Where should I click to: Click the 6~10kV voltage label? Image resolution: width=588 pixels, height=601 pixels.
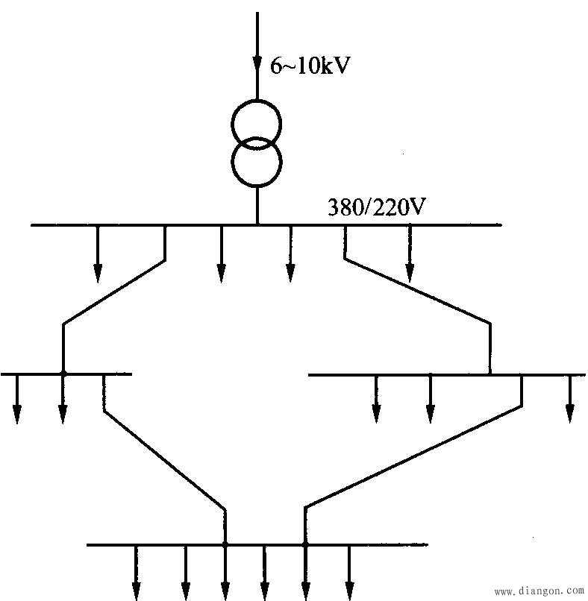(x=310, y=66)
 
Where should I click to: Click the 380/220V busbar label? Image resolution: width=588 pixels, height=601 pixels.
(x=376, y=207)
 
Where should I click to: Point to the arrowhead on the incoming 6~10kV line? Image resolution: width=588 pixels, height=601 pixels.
(x=257, y=64)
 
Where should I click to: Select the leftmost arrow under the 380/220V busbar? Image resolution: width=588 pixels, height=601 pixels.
(x=98, y=254)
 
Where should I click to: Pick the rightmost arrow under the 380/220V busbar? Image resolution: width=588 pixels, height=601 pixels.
(x=410, y=254)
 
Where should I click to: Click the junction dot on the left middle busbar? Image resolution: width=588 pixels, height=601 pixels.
(x=63, y=373)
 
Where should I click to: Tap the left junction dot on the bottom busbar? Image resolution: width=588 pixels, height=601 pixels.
(x=225, y=544)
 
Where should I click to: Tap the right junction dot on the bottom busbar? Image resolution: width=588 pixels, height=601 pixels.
(x=305, y=544)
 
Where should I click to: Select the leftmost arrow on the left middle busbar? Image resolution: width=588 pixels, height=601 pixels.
(x=17, y=399)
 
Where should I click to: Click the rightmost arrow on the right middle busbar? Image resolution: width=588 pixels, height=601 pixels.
(x=570, y=399)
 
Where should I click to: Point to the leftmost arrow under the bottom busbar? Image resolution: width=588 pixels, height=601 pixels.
(x=136, y=573)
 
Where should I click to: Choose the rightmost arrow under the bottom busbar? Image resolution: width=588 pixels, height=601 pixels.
(x=349, y=573)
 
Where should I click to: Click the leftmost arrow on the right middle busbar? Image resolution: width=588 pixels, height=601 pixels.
(x=376, y=399)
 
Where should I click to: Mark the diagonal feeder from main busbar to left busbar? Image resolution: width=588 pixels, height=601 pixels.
(x=114, y=292)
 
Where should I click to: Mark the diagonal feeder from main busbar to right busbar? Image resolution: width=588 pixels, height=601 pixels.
(x=418, y=292)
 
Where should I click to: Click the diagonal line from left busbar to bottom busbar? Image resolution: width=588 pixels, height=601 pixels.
(x=165, y=460)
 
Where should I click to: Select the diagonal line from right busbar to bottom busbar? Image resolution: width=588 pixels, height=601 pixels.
(x=413, y=456)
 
